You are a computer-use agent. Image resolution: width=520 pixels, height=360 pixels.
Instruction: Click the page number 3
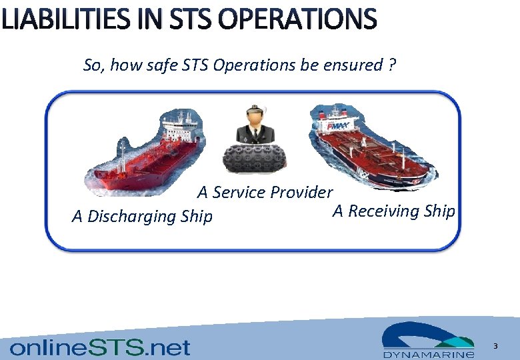click(495, 346)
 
